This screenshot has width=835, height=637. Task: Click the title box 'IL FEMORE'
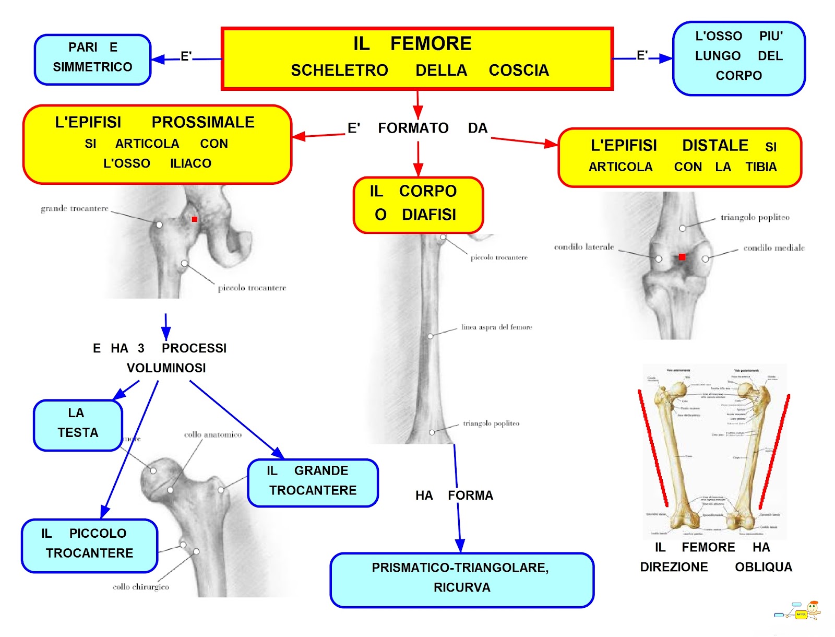[x=417, y=58]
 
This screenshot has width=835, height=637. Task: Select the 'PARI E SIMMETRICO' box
[x=93, y=59]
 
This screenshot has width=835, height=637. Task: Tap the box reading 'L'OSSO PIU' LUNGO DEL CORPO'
[x=738, y=57]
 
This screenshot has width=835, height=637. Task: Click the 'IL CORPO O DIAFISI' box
[x=418, y=205]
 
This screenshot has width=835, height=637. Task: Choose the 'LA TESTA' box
[x=78, y=424]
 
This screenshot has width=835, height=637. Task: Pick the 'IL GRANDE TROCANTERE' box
[x=313, y=482]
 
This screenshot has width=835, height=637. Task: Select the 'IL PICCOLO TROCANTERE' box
[x=89, y=545]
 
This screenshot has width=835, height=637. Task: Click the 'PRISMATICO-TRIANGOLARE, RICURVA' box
[x=461, y=579]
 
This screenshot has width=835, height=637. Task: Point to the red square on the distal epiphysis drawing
[x=682, y=257]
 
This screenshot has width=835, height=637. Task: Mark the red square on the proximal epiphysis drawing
[x=195, y=219]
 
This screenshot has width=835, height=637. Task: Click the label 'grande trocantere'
[x=75, y=208]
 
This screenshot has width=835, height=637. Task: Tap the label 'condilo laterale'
[x=584, y=247]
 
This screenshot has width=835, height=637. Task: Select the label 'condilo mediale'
[x=773, y=248]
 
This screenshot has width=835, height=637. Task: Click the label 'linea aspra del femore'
[x=496, y=327]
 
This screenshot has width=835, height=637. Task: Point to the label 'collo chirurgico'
[x=140, y=587]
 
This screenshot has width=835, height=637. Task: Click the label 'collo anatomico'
[x=213, y=434]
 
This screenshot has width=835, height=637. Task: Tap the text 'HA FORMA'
[x=454, y=495]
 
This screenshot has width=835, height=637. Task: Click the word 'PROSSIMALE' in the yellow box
[x=203, y=122]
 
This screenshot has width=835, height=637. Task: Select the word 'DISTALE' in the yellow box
[x=715, y=146]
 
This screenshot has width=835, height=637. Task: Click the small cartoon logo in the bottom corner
[x=798, y=612]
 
